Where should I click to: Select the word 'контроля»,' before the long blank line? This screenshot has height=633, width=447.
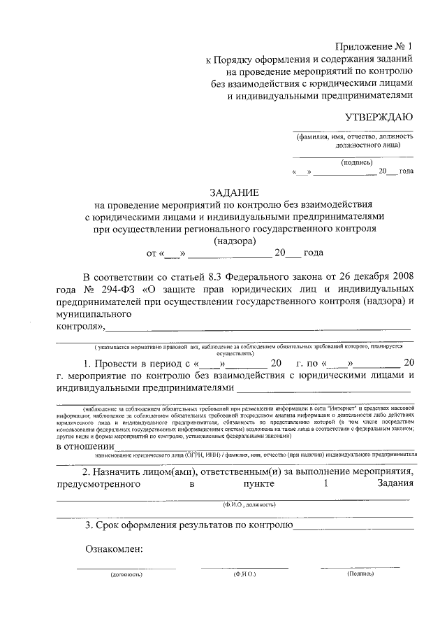coord(80,327)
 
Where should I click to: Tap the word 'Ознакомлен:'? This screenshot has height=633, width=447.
coord(115,548)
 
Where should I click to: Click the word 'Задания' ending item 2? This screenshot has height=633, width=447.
coord(395,483)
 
